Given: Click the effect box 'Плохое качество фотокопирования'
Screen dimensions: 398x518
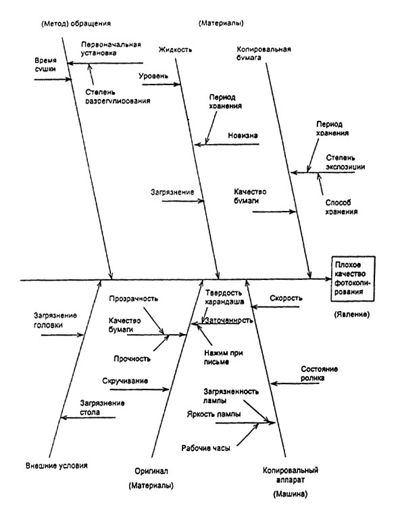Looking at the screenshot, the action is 353,279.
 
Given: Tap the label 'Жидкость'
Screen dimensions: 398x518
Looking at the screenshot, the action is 175,50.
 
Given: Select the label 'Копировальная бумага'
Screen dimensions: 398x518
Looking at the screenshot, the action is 264,53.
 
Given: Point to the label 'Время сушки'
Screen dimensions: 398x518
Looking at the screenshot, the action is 45,65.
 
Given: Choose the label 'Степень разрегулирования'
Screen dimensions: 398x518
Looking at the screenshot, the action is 118,97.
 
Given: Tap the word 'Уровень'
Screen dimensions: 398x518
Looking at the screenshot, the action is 153,76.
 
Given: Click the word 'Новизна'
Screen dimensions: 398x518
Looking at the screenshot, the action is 243,135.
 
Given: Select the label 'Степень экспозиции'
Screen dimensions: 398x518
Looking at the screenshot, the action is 345,162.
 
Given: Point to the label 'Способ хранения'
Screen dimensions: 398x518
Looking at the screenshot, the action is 341,207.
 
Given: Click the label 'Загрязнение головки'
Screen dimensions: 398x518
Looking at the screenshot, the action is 55,321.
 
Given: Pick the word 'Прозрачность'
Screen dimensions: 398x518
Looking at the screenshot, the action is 134,299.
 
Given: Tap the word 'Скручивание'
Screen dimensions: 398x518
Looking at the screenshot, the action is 125,381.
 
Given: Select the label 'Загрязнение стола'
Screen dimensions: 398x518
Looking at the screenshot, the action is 102,408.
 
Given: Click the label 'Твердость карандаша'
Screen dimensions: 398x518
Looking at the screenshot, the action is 224,298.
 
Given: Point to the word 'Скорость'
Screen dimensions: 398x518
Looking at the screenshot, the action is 286,298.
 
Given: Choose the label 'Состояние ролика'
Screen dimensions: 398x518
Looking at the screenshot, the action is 319,374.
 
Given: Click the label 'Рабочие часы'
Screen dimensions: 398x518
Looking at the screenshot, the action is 205,448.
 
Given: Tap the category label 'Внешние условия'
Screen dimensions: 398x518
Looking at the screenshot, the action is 57,466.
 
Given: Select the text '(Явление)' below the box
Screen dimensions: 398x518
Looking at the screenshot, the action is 352,314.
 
